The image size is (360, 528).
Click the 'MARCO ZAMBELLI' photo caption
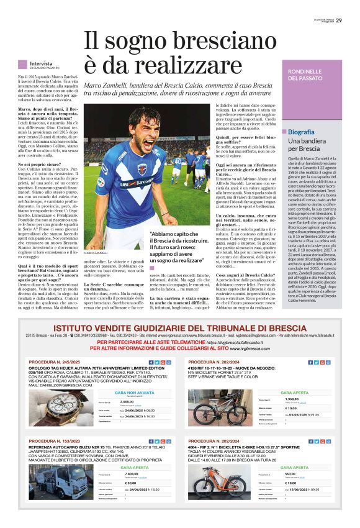(x=96, y=253)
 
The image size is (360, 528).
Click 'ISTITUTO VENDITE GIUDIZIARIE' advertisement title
(x=179, y=328)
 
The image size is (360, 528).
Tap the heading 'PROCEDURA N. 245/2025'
(x=55, y=362)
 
